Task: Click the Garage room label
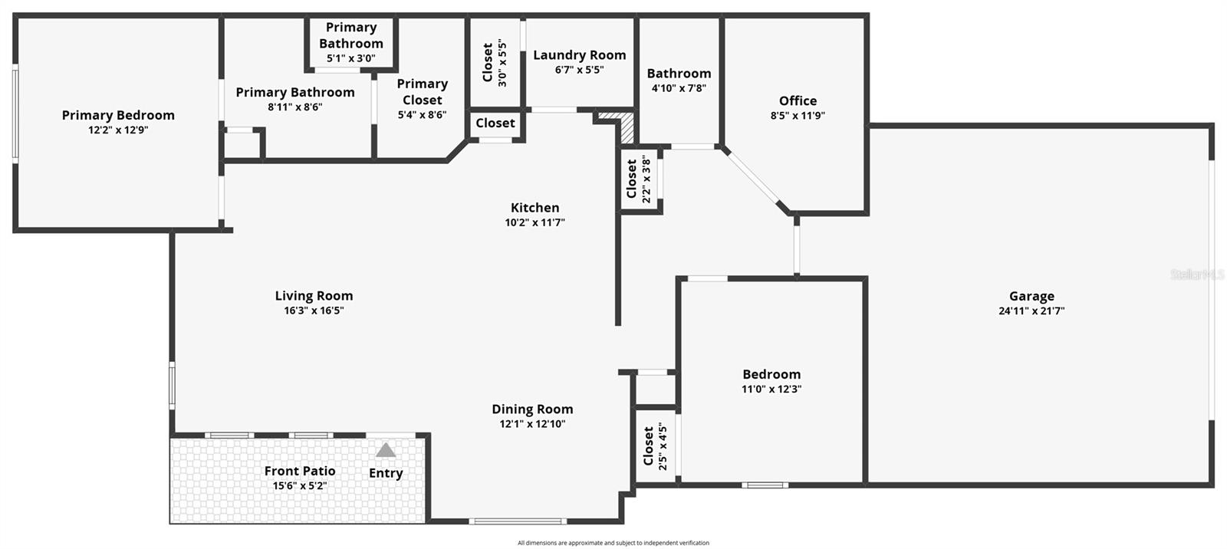(1031, 296)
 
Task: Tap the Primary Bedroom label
(118, 115)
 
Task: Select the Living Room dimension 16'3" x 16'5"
(314, 311)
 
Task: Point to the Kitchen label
(535, 208)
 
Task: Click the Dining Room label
(532, 409)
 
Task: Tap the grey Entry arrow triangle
(386, 450)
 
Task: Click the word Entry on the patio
(386, 473)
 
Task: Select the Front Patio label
(300, 471)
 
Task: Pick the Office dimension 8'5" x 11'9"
(798, 116)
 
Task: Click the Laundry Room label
(579, 55)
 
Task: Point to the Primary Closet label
(422, 92)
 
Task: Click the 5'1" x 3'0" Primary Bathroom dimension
(351, 58)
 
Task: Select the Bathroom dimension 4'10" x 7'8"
(679, 88)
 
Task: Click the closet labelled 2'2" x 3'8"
(638, 179)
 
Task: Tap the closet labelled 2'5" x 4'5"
(654, 446)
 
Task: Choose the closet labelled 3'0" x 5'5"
(495, 63)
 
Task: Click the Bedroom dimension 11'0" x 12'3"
(771, 389)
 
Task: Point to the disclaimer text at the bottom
(613, 543)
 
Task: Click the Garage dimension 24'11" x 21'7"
(1031, 311)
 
